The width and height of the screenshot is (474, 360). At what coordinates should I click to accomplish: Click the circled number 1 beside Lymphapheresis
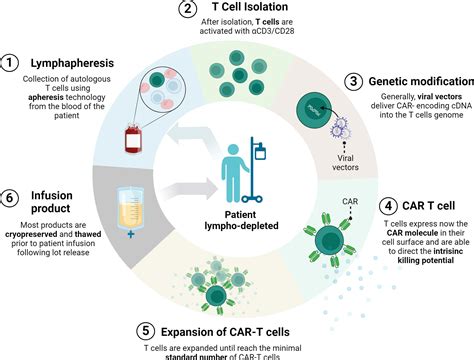pos(9,63)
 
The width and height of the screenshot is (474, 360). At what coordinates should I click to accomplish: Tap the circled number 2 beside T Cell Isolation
pos(188,8)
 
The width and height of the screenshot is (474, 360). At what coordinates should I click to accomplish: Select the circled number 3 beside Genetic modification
pos(353,82)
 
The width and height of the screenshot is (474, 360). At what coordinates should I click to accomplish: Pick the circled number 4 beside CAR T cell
pos(388,206)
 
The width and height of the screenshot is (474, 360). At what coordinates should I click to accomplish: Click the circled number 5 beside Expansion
pos(146,331)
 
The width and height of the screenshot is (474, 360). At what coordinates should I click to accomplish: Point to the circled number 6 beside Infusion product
pos(9,198)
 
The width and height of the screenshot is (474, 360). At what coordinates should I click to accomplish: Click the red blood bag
pos(133,138)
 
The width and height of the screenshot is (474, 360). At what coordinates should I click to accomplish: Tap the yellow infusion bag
pos(130,208)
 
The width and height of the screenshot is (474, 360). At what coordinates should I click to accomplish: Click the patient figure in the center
pos(235,173)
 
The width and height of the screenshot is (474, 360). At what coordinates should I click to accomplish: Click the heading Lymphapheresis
pos(72,63)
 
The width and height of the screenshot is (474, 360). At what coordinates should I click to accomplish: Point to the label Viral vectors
pos(345,162)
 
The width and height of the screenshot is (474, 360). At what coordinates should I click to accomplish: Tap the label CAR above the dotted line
pos(350,201)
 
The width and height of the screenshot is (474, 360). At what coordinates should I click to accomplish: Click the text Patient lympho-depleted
pos(241,220)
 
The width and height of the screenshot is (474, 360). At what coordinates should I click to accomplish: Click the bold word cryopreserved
pos(31,234)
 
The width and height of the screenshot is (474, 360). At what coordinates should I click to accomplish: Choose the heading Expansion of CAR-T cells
pos(225,332)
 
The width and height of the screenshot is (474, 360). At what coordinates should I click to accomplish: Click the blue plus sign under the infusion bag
pos(131,234)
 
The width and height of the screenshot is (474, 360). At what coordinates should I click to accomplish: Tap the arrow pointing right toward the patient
pos(189,189)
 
